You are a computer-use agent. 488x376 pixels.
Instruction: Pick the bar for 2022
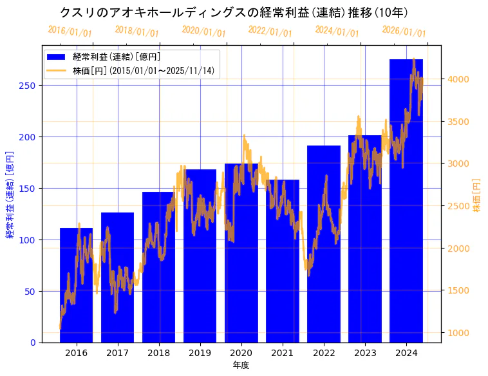pos(324,244)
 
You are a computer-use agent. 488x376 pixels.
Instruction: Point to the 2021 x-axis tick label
pos(283,353)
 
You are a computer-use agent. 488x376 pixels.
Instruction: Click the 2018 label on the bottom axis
pos(159,353)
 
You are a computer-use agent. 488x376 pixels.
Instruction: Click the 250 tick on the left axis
pos(30,86)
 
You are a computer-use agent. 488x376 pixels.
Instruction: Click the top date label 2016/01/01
pos(70,32)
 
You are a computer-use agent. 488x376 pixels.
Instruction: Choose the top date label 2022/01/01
pos(270,32)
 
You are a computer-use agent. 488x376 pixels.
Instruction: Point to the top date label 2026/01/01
pos(404,32)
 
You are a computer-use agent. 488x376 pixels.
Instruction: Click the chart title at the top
pos(234,12)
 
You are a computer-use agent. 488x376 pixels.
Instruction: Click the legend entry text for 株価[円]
pos(144,70)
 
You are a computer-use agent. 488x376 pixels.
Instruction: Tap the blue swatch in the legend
pos(57,57)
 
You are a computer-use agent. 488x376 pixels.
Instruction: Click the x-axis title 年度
pos(241,365)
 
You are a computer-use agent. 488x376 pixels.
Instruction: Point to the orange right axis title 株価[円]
pos(476,196)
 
